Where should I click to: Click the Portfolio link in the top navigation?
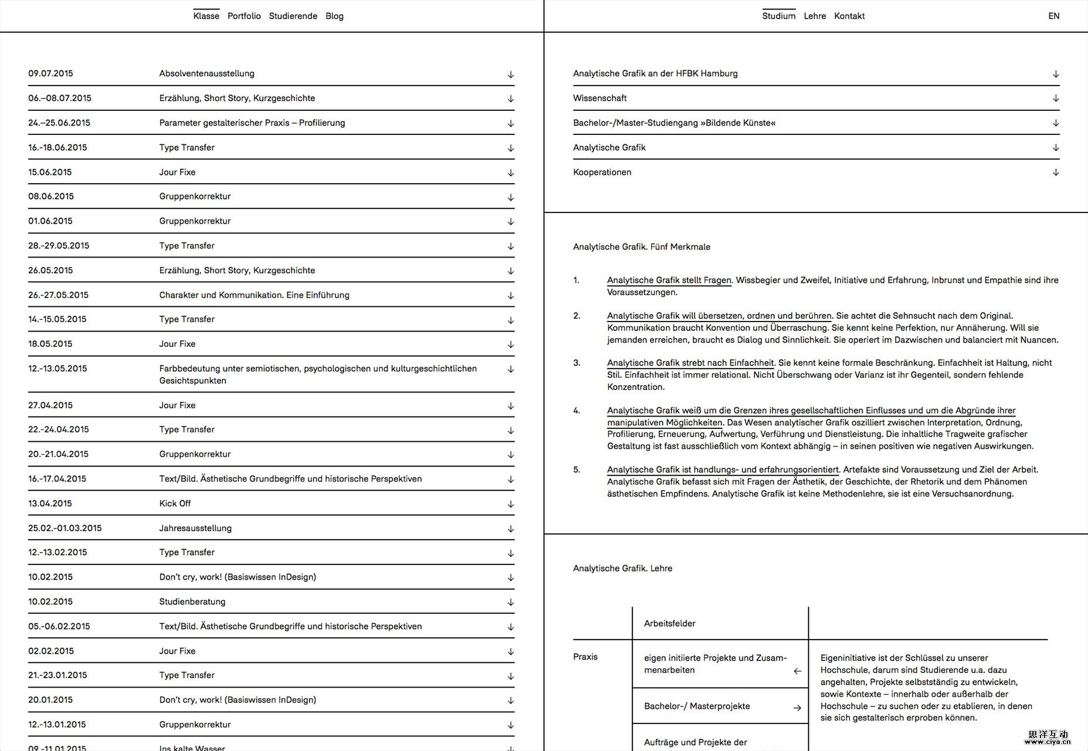(244, 16)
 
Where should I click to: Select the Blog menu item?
(334, 16)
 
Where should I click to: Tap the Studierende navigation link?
(293, 16)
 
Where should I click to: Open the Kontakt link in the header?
(849, 16)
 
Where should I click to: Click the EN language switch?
(1053, 16)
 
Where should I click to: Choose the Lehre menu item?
(814, 16)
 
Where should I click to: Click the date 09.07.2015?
(50, 73)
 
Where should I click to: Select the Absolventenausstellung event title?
(206, 73)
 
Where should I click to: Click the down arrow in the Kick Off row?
(511, 504)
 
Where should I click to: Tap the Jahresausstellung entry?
(195, 528)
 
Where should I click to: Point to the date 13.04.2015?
(50, 503)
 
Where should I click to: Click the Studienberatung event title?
(192, 601)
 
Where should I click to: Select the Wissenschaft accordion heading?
(600, 98)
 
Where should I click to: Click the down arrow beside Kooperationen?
(1055, 172)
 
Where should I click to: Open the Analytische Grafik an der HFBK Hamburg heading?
(655, 73)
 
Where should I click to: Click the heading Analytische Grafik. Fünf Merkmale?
(641, 247)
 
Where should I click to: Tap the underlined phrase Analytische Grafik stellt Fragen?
(669, 280)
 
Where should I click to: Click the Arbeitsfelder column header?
(669, 623)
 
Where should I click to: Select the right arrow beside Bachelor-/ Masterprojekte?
(797, 708)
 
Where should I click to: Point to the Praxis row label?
(585, 657)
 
